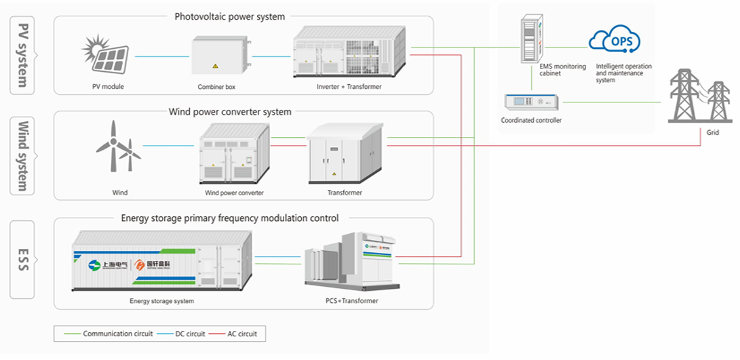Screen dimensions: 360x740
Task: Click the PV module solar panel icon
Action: tap(107, 54)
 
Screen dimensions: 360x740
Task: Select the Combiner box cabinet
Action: tap(215, 56)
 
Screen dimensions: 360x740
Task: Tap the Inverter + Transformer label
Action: tap(349, 87)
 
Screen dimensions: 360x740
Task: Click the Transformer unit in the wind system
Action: tap(344, 154)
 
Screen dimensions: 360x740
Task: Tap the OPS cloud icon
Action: tap(615, 41)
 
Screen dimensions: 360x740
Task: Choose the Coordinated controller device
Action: tap(530, 102)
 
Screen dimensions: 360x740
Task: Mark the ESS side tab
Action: tap(24, 259)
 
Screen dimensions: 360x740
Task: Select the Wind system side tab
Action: tap(24, 156)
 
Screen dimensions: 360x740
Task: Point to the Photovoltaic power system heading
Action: tap(229, 16)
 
